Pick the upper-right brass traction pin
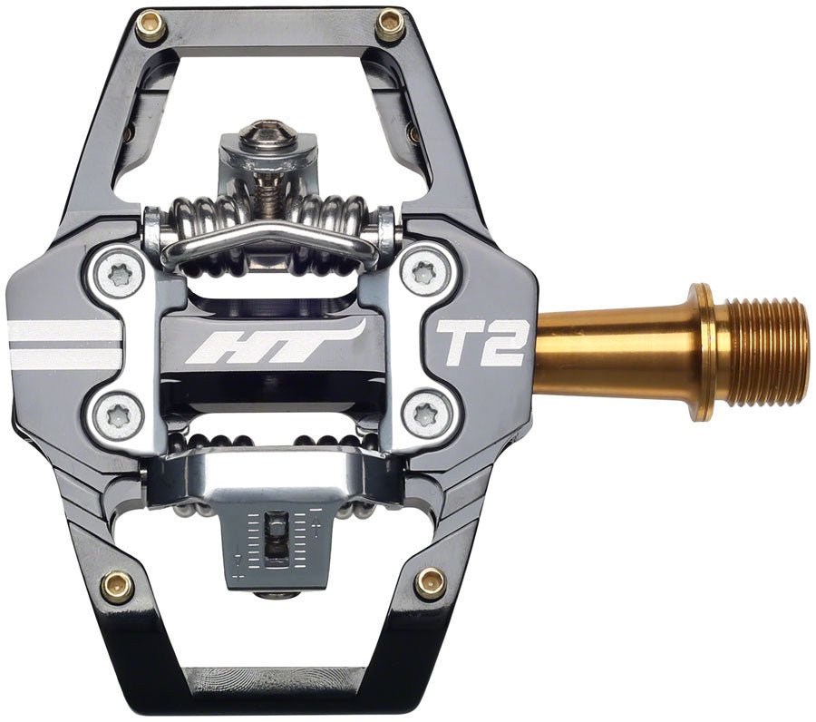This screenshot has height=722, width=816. [x=390, y=24]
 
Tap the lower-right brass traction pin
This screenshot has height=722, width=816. [x=430, y=582]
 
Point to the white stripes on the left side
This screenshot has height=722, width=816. [x=63, y=342]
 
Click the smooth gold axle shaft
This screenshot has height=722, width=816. [x=617, y=349]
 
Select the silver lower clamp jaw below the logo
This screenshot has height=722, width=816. [x=272, y=463]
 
